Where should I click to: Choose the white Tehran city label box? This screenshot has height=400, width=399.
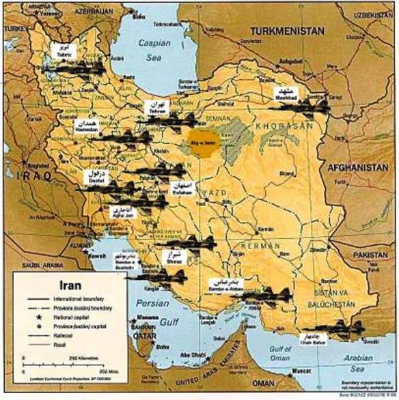click(156, 107)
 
